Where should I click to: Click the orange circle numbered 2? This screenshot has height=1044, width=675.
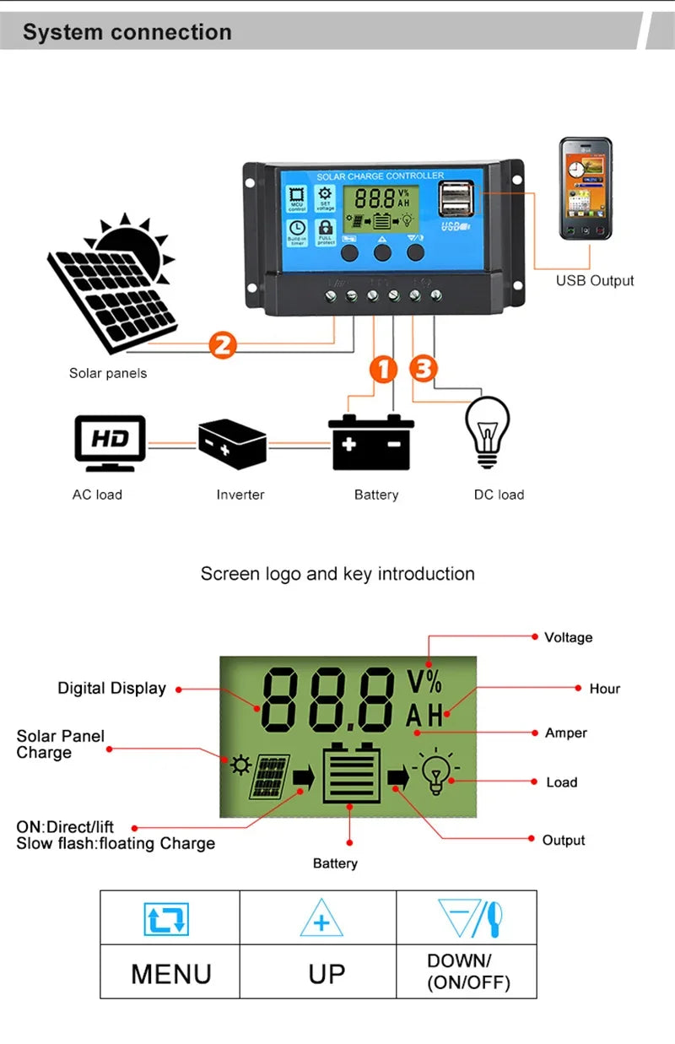223,345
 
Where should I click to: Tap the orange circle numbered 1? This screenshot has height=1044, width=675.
384,369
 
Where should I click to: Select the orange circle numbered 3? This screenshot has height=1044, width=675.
424,369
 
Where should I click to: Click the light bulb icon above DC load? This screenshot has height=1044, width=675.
489,431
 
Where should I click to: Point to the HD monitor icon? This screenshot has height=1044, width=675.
110,441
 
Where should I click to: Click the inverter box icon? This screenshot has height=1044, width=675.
232,444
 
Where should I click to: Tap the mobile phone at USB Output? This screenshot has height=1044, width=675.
586,190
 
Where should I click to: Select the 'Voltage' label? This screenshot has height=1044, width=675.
568,637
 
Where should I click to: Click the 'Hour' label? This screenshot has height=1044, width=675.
604,689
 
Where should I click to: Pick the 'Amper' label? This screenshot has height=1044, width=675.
565,733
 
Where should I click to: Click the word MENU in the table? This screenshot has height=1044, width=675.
170,973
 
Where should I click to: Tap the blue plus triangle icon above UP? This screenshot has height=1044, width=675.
321,919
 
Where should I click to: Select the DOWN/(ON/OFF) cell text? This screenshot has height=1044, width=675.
467,971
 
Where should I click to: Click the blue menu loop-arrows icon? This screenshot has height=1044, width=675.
166,919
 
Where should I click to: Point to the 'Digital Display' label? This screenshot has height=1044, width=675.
111,688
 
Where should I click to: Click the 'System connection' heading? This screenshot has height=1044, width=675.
127,32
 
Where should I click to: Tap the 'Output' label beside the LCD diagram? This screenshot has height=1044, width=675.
563,840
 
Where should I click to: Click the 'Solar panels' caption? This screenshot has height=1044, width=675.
107,373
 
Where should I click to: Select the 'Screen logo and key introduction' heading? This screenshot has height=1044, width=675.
337,574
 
